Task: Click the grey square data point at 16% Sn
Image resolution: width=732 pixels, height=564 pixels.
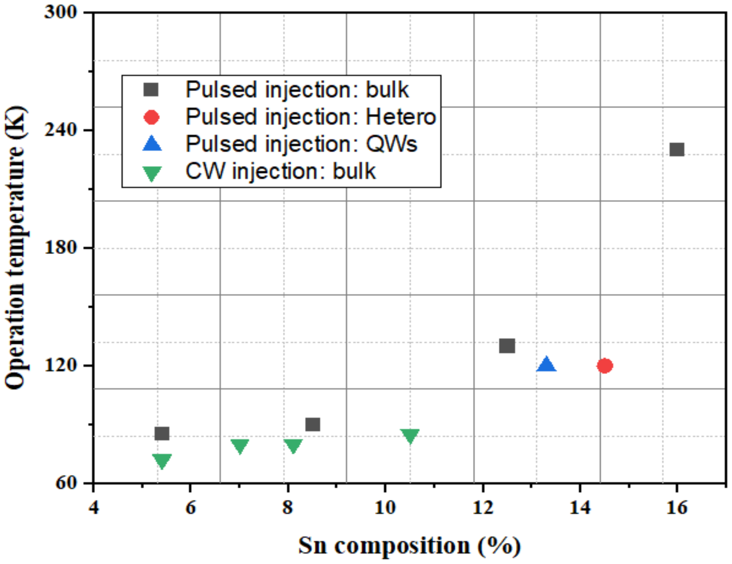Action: pos(677,149)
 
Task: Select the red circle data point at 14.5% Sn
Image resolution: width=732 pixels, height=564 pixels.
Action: pos(604,366)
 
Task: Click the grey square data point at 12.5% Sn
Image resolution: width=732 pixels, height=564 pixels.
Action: pos(507,346)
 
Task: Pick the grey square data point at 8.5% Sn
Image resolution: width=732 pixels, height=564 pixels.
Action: pos(313,425)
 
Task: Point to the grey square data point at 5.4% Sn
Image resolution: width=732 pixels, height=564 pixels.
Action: pos(162,434)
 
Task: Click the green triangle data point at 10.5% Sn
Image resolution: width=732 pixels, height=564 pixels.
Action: pos(410,436)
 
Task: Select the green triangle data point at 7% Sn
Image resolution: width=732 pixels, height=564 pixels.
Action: pos(240,446)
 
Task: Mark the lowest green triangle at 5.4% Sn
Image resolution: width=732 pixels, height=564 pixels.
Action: pos(162,460)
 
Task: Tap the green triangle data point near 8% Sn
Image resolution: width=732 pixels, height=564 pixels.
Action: pos(293,446)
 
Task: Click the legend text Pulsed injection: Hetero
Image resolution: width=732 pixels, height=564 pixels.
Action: pos(311,117)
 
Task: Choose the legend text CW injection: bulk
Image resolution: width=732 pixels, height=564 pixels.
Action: pos(280,172)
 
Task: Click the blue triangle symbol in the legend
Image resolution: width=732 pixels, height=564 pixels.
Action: pos(152,144)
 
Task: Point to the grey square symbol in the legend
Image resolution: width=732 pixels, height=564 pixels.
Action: pos(151,90)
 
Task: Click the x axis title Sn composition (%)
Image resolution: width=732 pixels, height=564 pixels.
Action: pos(409,546)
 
